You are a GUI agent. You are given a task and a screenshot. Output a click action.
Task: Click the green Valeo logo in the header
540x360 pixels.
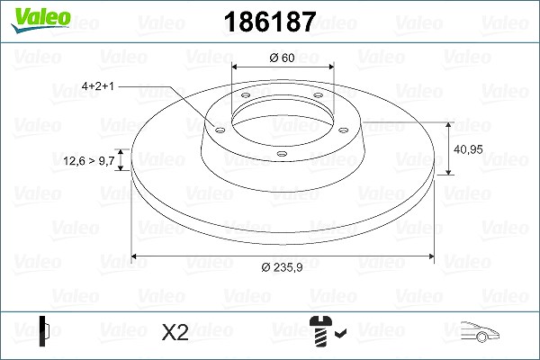pyautogui.click(x=40, y=19)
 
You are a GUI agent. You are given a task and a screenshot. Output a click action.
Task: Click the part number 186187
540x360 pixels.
pyautogui.click(x=270, y=22)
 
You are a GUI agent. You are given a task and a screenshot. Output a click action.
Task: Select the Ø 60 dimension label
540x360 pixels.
pyautogui.click(x=282, y=58)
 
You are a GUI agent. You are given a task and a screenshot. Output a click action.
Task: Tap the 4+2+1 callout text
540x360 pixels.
pyautogui.click(x=98, y=85)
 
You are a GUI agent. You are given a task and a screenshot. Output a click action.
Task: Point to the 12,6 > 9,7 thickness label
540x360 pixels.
pyautogui.click(x=89, y=160)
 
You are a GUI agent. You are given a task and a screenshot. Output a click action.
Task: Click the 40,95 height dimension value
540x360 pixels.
pyautogui.click(x=468, y=149)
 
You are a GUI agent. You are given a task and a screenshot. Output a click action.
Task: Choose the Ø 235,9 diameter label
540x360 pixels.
pyautogui.click(x=282, y=267)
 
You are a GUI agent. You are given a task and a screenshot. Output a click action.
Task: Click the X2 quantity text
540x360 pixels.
pyautogui.click(x=175, y=332)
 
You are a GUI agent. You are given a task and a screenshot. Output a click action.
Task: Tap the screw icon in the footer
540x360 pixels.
pyautogui.click(x=320, y=331)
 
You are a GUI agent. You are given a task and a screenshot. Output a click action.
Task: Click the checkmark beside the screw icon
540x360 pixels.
pyautogui.click(x=340, y=333)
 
